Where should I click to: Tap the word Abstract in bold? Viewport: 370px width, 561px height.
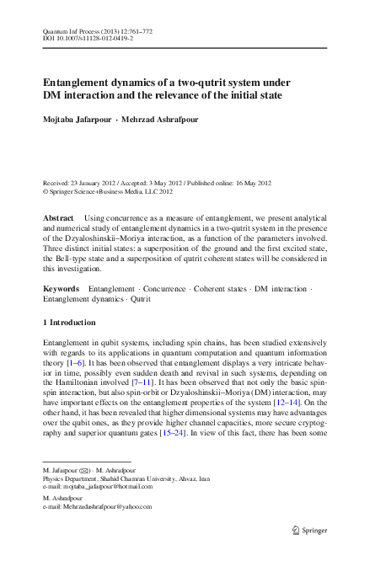[x=58, y=217]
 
